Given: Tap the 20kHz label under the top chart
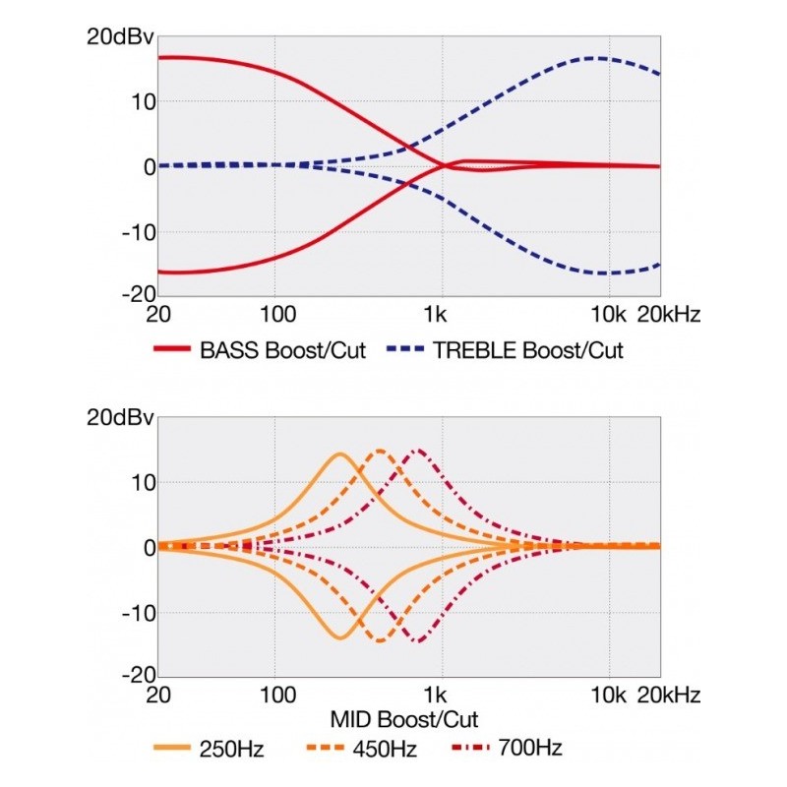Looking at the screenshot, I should click(669, 316).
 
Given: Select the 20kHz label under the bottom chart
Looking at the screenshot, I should click(669, 696).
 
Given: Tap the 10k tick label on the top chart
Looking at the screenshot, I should click(608, 316).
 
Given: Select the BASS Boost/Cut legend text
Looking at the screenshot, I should click(282, 350).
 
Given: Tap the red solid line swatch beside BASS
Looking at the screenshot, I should click(173, 350).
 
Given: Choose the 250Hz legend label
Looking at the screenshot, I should click(232, 750).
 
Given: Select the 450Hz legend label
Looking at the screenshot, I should click(382, 750).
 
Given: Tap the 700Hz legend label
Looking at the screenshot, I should click(531, 750).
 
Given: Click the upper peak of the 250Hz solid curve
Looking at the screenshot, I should click(340, 454).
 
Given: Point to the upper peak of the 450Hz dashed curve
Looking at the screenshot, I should click(380, 451).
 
